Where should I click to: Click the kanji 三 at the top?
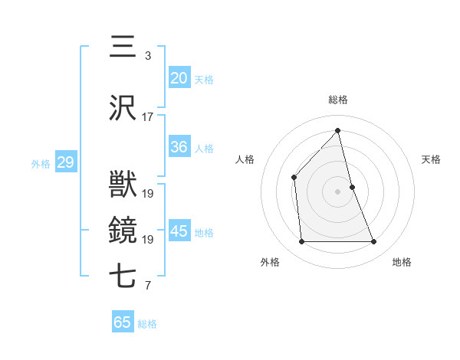123,47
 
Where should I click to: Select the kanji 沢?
123,109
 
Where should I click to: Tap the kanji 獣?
123,186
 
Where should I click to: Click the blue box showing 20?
179,77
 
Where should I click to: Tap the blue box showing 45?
179,231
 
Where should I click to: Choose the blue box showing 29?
65,162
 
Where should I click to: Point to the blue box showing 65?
123,322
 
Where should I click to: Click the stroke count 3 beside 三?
147,56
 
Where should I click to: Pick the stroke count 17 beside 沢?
148,117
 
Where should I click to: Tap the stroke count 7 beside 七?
147,286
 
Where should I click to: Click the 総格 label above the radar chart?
338,100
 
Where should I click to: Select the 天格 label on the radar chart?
431,159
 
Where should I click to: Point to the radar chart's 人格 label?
245,159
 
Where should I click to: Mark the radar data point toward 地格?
374,242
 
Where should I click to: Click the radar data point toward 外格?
301,242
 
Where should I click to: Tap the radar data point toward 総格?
338,130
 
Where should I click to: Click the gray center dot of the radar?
338,191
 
